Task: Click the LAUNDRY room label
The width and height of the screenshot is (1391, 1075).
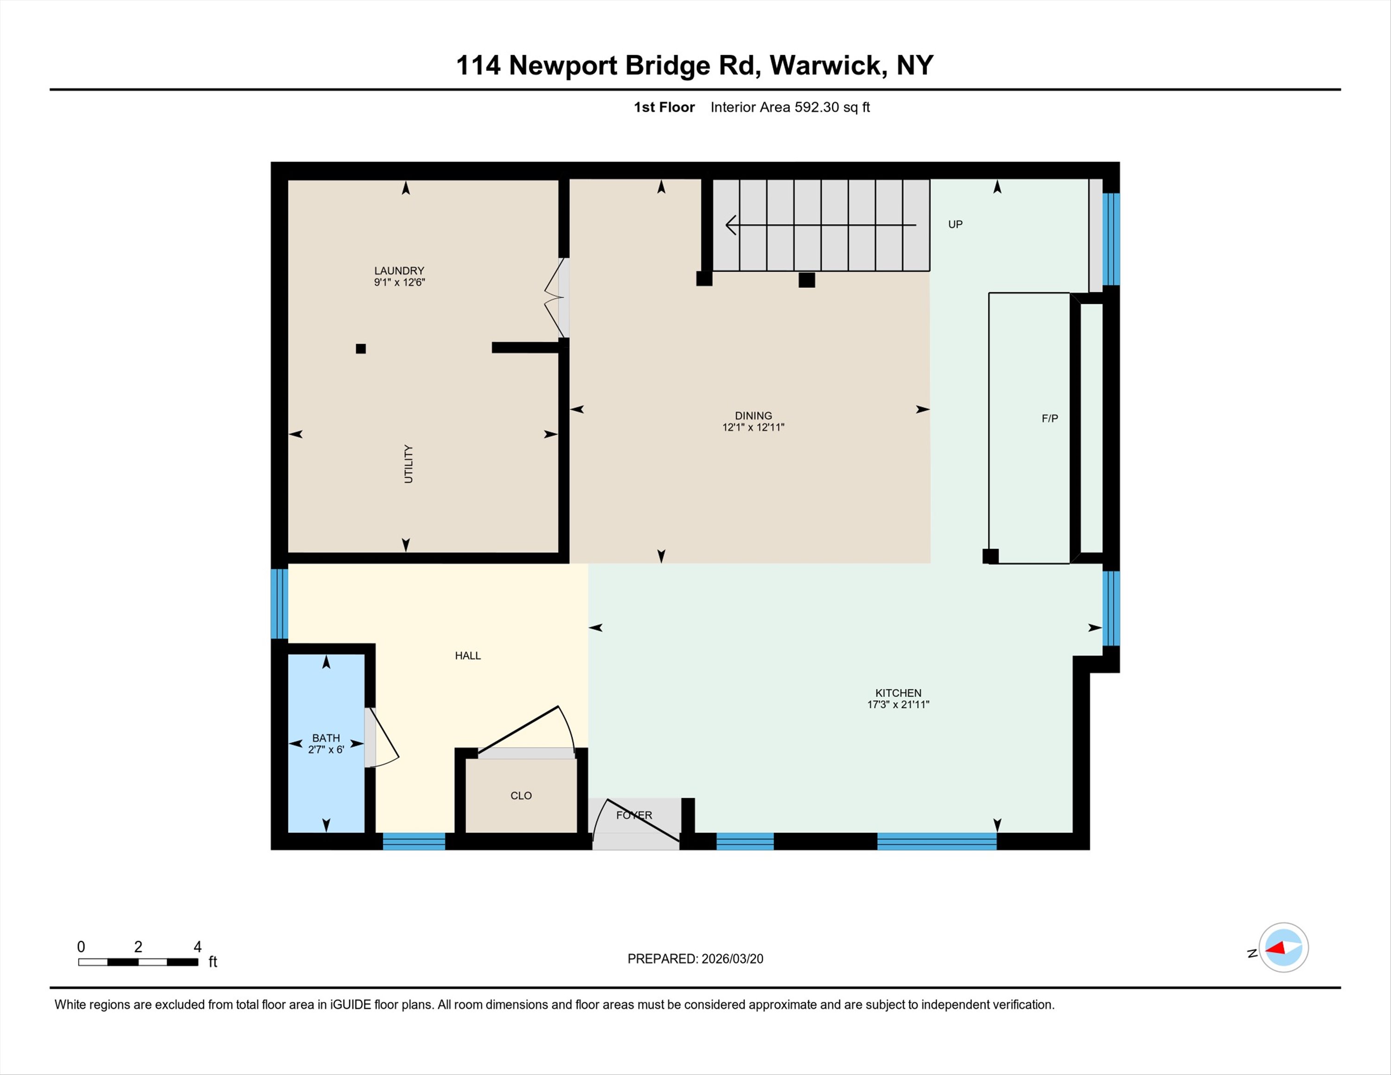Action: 399,271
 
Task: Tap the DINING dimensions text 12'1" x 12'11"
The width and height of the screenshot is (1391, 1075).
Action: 753,427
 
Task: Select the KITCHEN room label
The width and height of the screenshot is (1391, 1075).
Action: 898,693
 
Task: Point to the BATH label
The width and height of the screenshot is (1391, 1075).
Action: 326,738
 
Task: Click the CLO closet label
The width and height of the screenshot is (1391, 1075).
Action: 521,795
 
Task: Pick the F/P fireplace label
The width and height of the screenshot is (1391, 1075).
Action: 1050,418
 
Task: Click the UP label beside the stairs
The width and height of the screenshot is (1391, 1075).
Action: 955,224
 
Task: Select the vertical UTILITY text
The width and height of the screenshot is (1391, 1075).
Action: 408,464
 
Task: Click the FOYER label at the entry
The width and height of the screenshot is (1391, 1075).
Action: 634,815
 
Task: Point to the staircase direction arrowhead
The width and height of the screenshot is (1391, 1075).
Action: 731,225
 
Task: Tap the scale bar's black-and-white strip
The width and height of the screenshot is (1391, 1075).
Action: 138,962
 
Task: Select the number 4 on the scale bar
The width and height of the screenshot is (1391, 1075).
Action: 198,947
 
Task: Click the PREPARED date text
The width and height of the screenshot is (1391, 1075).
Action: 695,959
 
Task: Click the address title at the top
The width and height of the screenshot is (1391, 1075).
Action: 695,65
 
